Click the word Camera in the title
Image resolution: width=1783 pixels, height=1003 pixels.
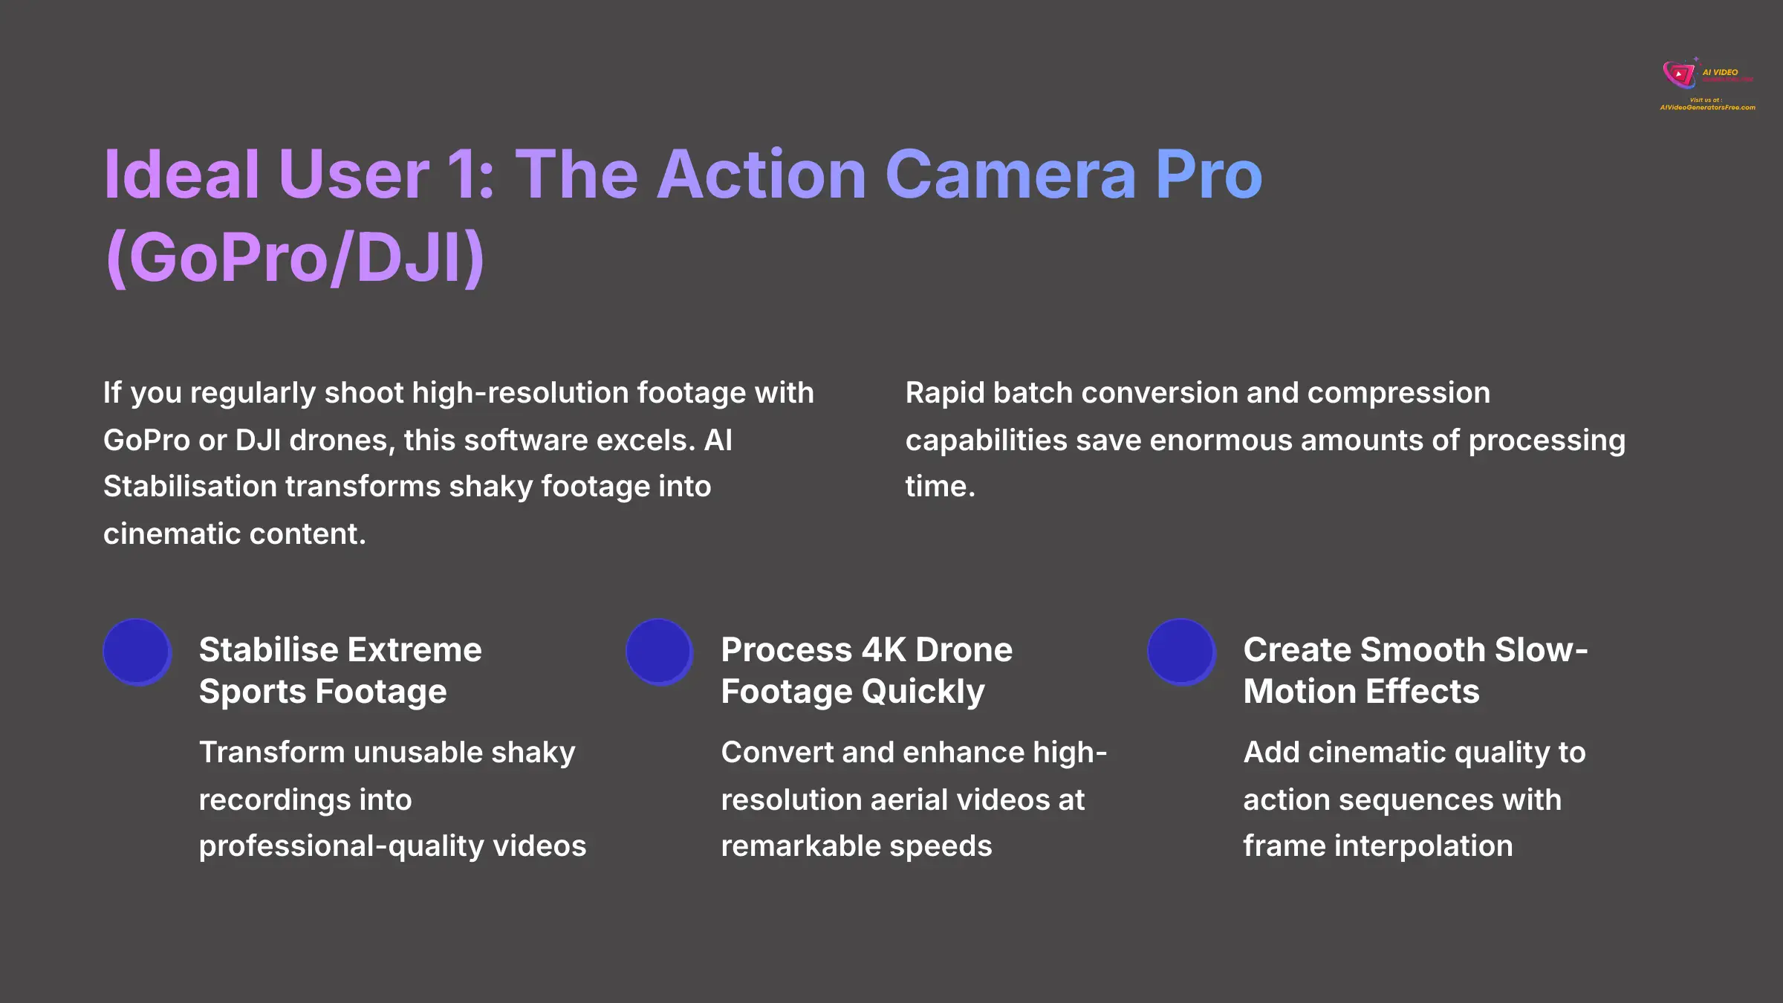(x=1010, y=175)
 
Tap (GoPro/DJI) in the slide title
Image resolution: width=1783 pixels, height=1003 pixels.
(x=295, y=258)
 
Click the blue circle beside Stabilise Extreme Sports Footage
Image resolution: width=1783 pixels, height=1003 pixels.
(x=137, y=652)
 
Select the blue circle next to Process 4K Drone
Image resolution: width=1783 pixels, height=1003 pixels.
(x=660, y=652)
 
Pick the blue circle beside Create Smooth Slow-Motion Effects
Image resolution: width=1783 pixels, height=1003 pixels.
(x=1181, y=652)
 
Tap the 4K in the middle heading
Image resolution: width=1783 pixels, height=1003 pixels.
(x=884, y=650)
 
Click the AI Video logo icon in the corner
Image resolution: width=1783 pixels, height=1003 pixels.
(x=1679, y=74)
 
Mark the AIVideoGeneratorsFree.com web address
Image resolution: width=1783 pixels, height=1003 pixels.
(x=1707, y=108)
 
